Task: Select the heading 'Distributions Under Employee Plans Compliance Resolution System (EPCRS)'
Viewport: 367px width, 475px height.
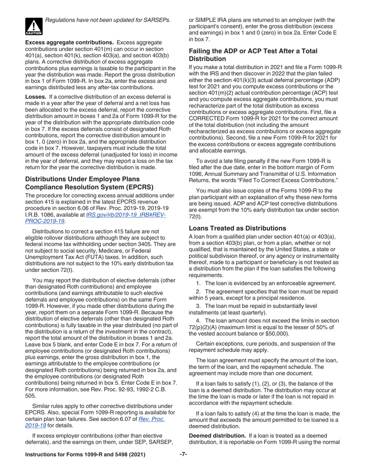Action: [x=89, y=183]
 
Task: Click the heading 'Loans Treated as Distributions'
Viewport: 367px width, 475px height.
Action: [x=237, y=228]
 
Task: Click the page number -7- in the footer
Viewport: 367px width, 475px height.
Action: [x=183, y=455]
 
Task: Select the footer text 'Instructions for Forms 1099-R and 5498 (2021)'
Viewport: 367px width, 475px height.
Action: [x=85, y=455]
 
